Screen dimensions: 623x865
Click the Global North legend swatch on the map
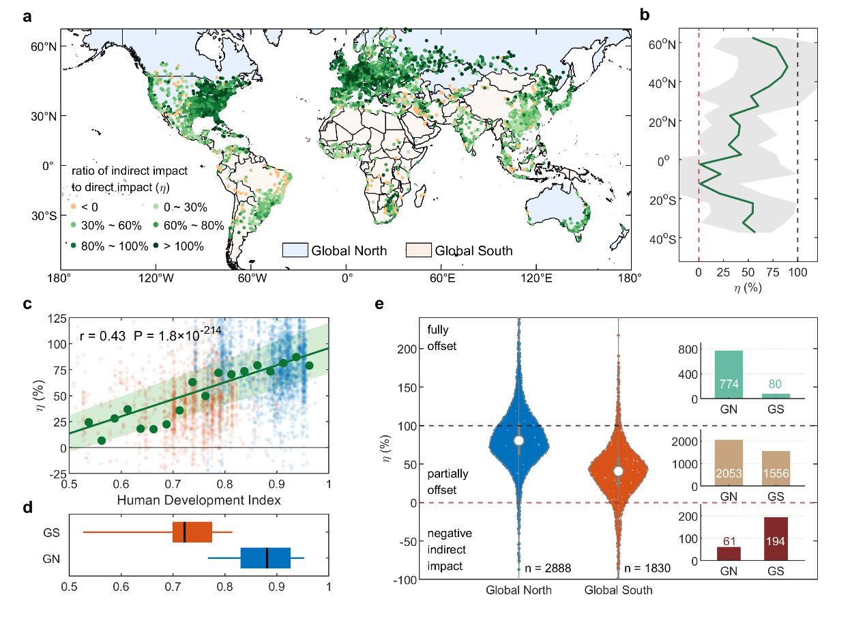(x=295, y=250)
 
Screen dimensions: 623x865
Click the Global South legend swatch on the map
(x=418, y=250)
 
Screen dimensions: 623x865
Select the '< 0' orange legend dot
(x=73, y=207)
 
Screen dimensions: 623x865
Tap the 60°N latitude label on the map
(x=42, y=46)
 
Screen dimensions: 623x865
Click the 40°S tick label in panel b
(x=661, y=239)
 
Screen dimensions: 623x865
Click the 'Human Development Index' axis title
(x=199, y=500)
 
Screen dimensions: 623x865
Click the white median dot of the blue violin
(x=518, y=440)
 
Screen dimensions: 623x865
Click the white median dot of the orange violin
(x=618, y=471)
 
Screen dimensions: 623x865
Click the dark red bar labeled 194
(x=776, y=539)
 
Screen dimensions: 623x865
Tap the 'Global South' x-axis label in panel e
(x=618, y=590)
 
